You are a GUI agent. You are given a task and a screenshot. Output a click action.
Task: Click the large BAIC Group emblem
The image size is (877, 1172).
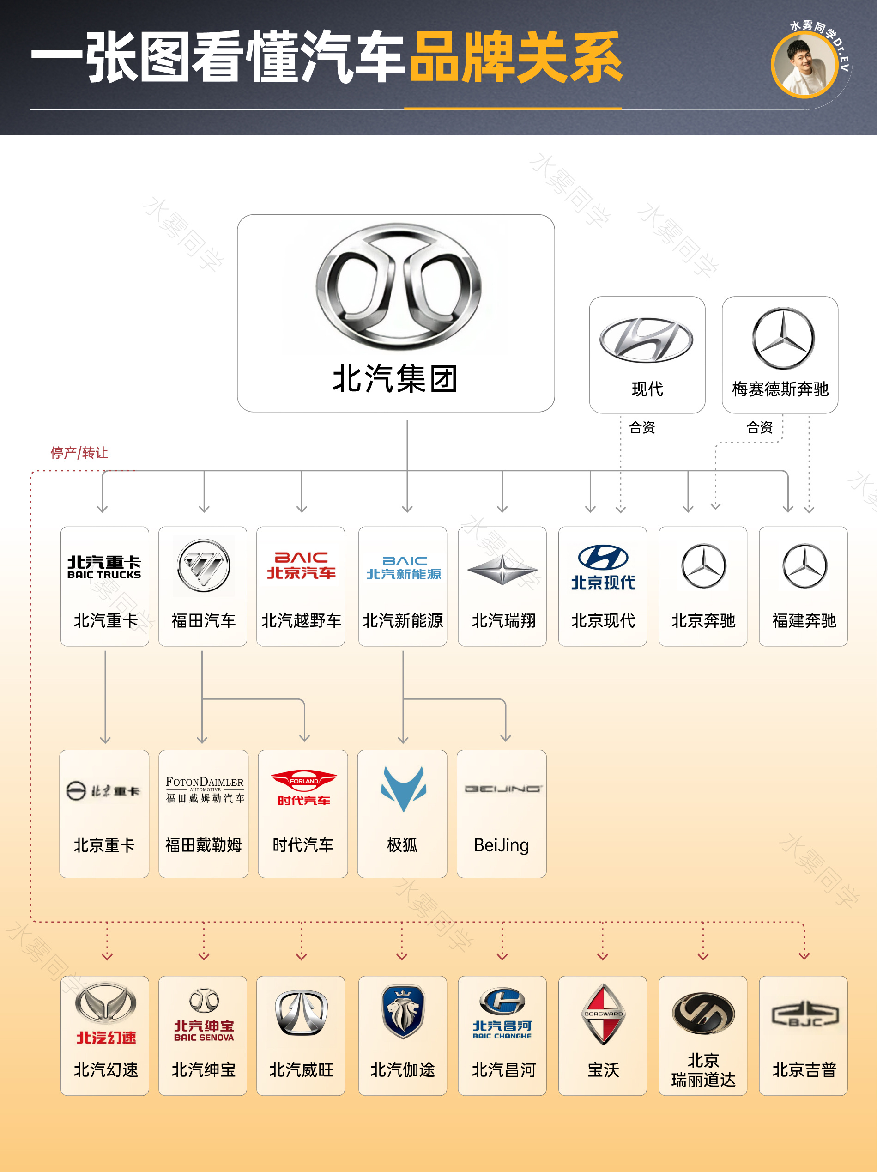pos(398,286)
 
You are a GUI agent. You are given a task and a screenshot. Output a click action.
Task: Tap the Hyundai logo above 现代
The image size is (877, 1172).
pos(646,340)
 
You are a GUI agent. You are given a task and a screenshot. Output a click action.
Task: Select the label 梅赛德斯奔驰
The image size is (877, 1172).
pos(780,389)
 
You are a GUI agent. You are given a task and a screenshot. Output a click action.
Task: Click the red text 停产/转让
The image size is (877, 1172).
pos(79,452)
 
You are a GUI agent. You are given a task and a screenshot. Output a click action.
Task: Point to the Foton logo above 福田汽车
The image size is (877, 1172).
pos(203,565)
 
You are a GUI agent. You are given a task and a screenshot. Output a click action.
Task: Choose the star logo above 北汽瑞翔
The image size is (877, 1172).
pos(502,570)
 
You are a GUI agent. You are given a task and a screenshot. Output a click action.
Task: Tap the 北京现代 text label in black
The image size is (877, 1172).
pos(603,620)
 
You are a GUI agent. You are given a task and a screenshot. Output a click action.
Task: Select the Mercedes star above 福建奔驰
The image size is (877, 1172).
pos(804,566)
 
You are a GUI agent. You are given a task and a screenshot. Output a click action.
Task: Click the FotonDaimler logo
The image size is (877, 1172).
pos(205,789)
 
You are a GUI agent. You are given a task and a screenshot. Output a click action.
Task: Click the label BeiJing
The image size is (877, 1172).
pos(501,845)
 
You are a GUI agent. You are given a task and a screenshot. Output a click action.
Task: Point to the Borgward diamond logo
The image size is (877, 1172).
pos(603,1014)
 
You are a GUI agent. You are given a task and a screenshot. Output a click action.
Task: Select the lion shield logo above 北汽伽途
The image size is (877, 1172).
pos(403,1011)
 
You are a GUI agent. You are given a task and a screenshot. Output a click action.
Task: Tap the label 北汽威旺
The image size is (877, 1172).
pos(301,1070)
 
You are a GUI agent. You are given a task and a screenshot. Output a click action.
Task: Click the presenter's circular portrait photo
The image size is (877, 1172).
pos(804,65)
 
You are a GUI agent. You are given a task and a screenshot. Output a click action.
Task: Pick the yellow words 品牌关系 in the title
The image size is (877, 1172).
pos(516,57)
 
